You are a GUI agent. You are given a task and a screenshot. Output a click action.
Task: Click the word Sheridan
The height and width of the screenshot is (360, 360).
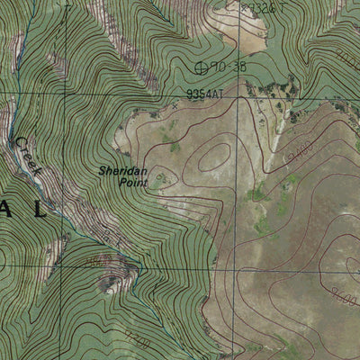(118, 169)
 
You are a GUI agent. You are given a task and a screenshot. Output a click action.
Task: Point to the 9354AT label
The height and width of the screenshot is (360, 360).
(206, 92)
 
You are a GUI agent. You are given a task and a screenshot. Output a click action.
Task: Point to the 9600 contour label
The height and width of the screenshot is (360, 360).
(341, 292)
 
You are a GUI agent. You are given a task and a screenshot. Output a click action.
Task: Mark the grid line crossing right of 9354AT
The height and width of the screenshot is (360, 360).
(240, 93)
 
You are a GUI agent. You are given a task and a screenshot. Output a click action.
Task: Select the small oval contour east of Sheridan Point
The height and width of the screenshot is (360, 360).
(214, 155)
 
